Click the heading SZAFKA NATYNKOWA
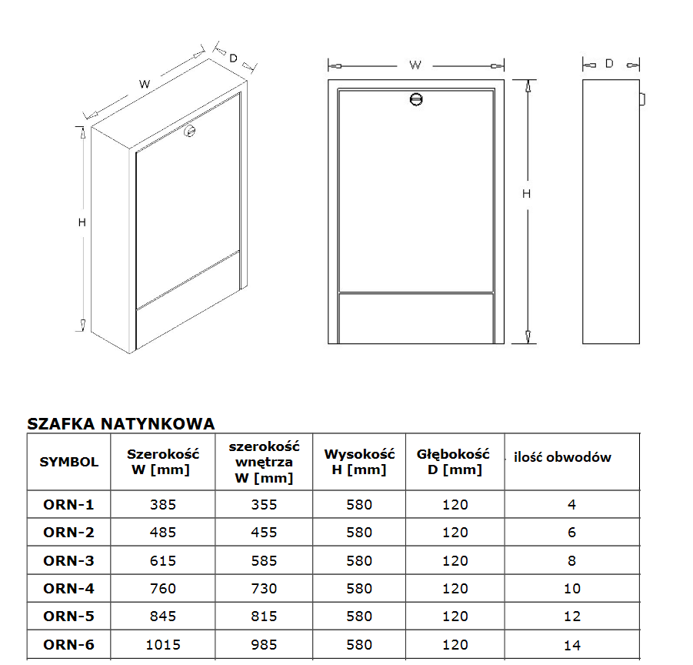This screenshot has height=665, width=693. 121,423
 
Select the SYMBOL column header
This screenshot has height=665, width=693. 69,462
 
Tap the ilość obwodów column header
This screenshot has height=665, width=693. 562,457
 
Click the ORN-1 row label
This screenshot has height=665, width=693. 68,504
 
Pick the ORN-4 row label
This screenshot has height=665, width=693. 68,589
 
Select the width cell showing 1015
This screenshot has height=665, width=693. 163,645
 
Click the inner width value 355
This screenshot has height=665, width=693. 264,504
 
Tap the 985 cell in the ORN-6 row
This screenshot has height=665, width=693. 264,645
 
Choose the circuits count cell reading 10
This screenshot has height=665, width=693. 572,589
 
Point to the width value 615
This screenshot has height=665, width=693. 163,560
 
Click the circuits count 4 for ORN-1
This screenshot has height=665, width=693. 572,504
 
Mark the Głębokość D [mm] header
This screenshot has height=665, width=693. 454,462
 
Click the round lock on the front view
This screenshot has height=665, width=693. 416,99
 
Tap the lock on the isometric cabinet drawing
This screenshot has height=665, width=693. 190,130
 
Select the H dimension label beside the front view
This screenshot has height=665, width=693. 526,194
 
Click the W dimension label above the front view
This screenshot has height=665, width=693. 415,65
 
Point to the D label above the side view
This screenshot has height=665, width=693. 609,64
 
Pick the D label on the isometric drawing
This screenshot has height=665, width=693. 233,58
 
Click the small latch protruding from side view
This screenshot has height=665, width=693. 642,99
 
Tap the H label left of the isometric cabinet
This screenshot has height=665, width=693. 82,222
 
